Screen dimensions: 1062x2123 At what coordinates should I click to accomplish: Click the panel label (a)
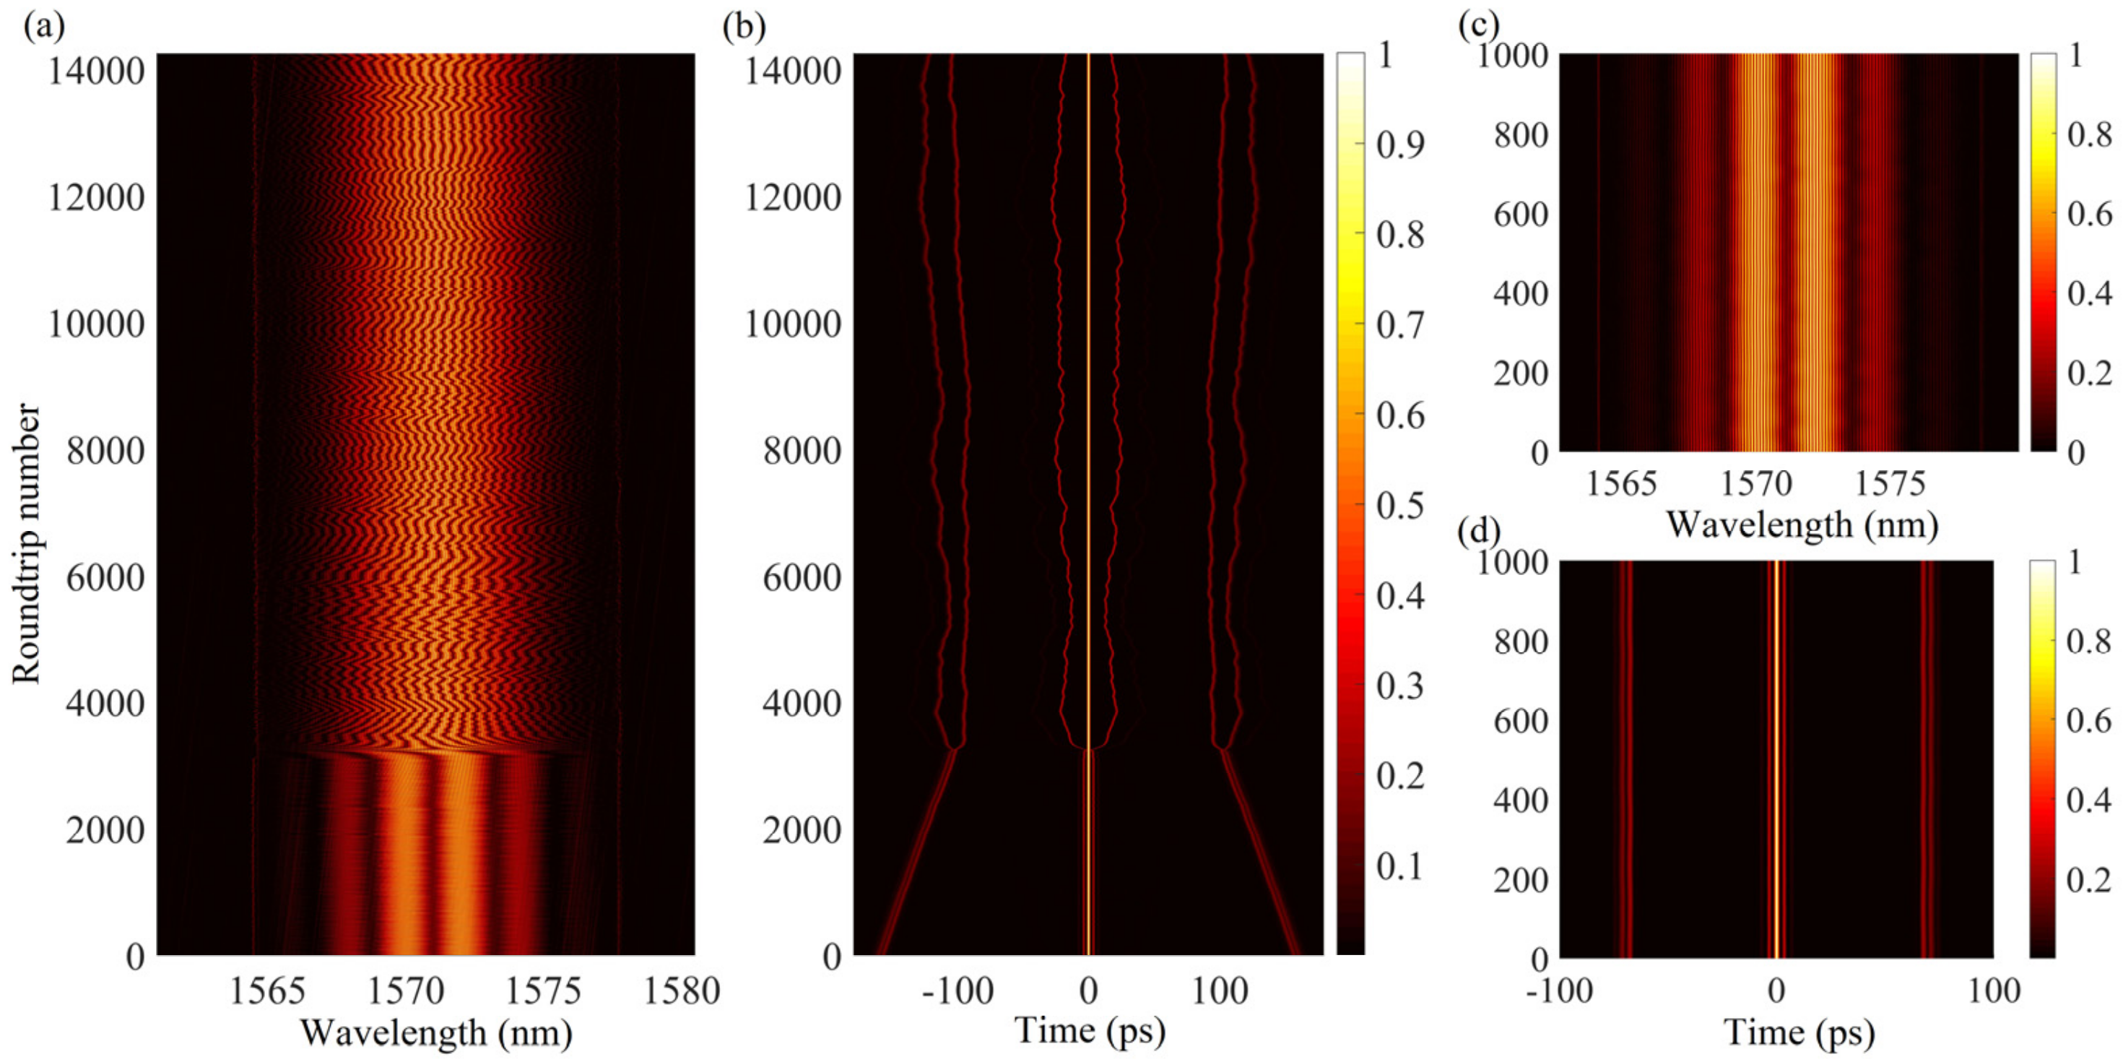pyautogui.click(x=43, y=27)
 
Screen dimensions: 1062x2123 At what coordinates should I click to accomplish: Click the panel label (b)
pyautogui.click(x=743, y=27)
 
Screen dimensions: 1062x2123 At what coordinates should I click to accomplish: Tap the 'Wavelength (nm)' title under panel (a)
pyautogui.click(x=436, y=1032)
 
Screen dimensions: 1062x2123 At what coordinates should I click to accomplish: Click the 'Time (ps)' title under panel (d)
pyautogui.click(x=1799, y=1032)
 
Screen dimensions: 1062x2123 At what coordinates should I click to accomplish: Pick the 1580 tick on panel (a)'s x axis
pyautogui.click(x=681, y=990)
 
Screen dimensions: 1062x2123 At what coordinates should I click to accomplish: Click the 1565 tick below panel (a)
pyautogui.click(x=266, y=990)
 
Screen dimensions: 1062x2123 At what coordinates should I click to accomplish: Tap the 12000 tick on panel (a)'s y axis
pyautogui.click(x=95, y=198)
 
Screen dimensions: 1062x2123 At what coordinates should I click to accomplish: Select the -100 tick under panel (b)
pyautogui.click(x=958, y=990)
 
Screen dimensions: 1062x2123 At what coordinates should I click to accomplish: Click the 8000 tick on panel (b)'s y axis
pyautogui.click(x=801, y=451)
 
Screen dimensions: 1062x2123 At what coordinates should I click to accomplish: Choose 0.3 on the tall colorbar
pyautogui.click(x=1400, y=685)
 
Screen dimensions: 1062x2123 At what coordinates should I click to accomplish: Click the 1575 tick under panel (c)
pyautogui.click(x=1890, y=484)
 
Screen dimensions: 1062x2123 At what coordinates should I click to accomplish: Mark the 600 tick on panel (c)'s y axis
pyautogui.click(x=1521, y=215)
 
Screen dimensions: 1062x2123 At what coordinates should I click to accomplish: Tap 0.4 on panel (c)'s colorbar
pyautogui.click(x=2089, y=293)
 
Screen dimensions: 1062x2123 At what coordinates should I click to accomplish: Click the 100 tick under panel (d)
pyautogui.click(x=1994, y=990)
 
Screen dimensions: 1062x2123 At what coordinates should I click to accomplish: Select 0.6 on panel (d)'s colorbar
pyautogui.click(x=2089, y=722)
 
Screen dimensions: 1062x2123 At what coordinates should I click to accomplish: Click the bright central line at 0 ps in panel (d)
pyautogui.click(x=1776, y=759)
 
